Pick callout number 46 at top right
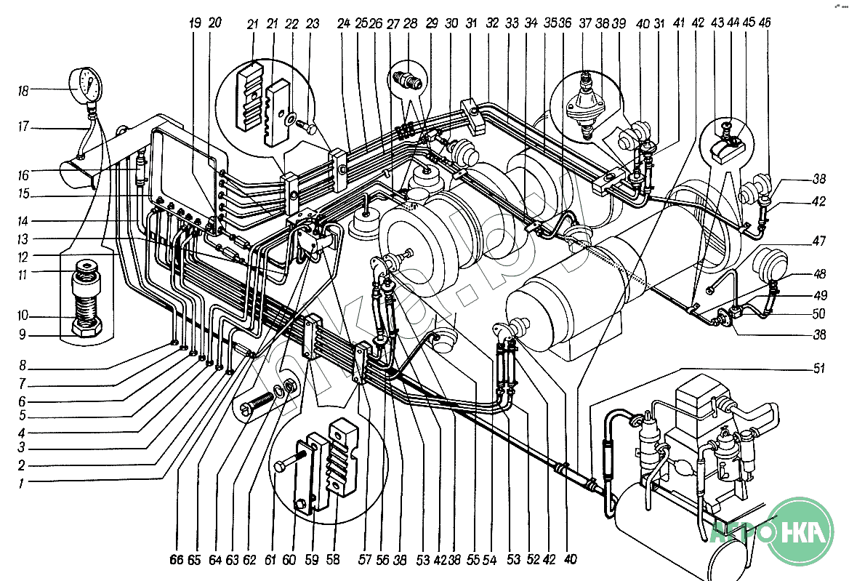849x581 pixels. pos(764,24)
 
